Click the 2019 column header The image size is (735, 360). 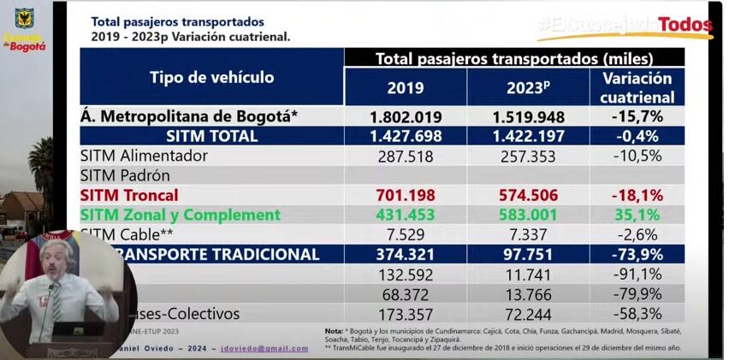pos(406,87)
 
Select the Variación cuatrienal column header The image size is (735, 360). pos(637,87)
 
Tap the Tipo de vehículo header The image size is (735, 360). pos(212,77)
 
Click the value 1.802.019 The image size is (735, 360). pos(406,116)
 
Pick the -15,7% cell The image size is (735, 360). pos(637,116)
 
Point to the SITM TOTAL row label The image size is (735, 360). pos(212,136)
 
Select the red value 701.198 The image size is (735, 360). pos(406,195)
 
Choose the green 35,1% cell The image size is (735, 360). pos(637,215)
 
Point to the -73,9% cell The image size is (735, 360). pos(637,254)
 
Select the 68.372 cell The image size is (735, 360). pos(406,294)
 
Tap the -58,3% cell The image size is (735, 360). pos(637,314)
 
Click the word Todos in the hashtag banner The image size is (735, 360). pos(685,24)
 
